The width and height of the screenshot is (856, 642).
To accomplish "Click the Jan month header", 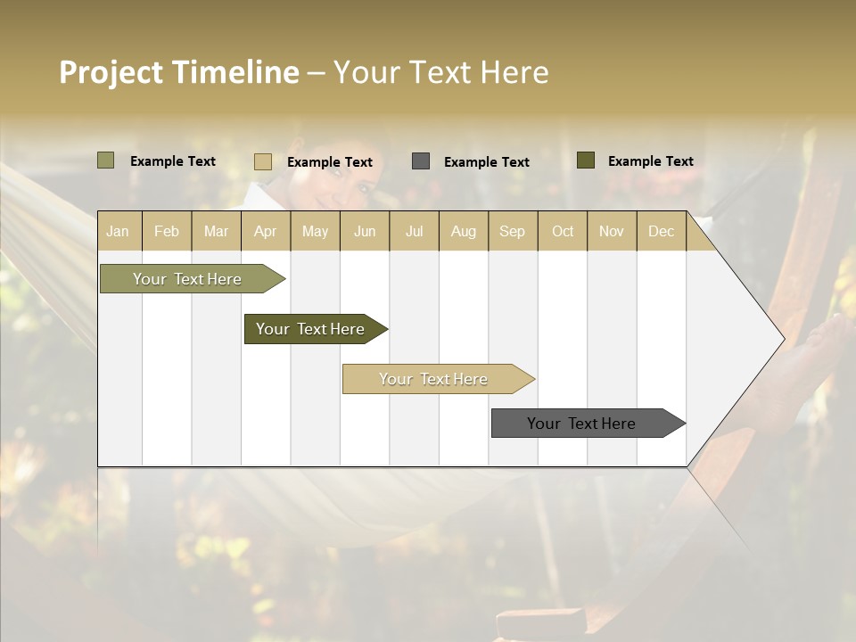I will click(118, 231).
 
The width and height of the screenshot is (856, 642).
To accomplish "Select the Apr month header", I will click(266, 231).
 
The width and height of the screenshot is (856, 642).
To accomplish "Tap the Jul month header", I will click(414, 231).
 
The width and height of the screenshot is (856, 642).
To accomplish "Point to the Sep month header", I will click(512, 231).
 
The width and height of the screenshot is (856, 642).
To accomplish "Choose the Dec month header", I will click(661, 231).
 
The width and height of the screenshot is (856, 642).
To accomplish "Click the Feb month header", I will click(167, 231).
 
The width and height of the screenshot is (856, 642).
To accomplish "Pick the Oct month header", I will click(563, 231).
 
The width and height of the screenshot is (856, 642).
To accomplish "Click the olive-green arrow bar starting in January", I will click(188, 279).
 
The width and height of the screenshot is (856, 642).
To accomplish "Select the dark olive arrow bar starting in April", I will click(311, 329).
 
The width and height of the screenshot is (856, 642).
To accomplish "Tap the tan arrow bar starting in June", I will click(434, 379).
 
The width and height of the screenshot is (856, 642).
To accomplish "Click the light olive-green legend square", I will click(106, 160).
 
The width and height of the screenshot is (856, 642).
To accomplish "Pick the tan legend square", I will click(263, 161).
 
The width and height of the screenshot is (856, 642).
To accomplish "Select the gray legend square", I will click(421, 161).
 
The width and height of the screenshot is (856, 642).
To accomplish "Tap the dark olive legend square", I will click(586, 160).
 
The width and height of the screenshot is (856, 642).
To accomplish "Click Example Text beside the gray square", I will click(486, 162).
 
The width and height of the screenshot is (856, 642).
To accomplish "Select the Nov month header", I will click(612, 231).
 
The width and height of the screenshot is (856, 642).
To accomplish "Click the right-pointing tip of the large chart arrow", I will click(782, 339).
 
